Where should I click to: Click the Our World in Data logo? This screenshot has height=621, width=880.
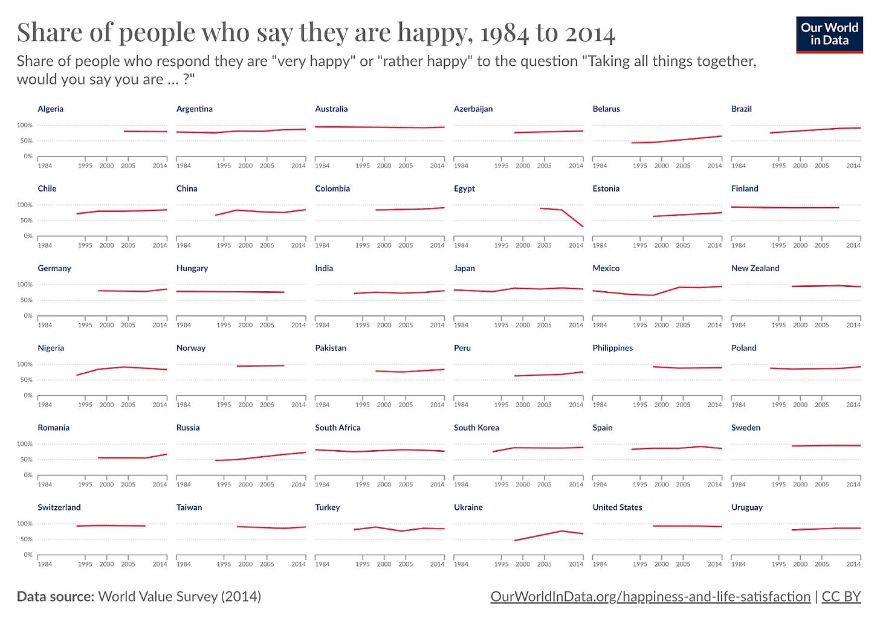829,35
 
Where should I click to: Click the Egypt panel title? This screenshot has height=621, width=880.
464,188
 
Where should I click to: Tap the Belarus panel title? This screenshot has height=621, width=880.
606,109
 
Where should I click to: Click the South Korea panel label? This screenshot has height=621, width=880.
476,428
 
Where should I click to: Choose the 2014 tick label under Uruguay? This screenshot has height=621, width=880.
853,564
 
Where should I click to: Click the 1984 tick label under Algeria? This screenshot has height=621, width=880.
45,166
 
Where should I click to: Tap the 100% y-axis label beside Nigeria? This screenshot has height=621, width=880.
25,364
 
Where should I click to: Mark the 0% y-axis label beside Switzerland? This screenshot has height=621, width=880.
28,555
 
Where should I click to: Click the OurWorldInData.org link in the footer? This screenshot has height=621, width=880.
650,597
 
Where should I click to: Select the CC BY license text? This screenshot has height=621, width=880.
841,597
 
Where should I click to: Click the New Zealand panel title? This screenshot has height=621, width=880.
755,268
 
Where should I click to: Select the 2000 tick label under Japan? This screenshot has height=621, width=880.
523,325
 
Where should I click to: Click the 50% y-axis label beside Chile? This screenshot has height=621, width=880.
25,220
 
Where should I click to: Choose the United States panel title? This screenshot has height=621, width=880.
617,507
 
